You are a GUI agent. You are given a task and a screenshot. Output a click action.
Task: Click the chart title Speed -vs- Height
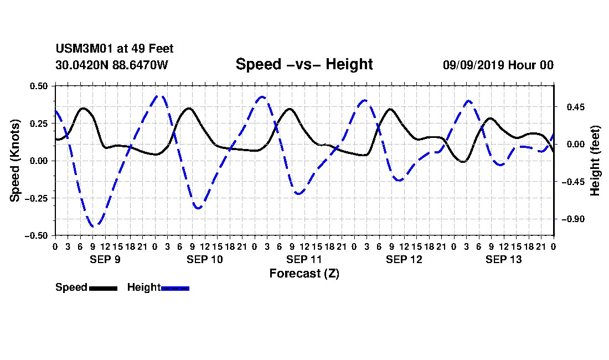tap(304, 64)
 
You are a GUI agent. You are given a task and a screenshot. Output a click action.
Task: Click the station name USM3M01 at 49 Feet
tap(115, 49)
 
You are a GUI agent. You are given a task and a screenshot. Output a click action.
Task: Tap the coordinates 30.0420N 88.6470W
tap(112, 65)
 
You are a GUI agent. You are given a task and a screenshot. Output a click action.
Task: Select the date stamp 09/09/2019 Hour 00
tap(498, 65)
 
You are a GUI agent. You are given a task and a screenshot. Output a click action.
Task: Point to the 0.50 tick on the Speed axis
tap(39, 86)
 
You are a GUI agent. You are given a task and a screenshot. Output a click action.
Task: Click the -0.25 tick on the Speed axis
tap(37, 198)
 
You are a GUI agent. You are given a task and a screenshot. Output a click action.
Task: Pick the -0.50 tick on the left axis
tap(37, 236)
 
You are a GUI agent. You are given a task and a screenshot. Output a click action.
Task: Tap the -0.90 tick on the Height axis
tap(573, 219)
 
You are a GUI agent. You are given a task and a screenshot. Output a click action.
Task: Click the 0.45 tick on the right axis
tap(576, 107)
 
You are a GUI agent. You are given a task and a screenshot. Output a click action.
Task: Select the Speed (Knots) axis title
tap(15, 161)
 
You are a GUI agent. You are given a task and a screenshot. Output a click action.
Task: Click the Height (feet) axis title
tap(595, 161)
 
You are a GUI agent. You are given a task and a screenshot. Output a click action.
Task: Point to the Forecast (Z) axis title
tap(304, 274)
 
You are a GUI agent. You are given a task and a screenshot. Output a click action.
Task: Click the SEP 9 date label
tap(105, 259)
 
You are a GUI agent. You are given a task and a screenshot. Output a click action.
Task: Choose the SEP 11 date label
tap(304, 259)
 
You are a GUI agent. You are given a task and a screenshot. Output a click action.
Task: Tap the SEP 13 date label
tap(504, 259)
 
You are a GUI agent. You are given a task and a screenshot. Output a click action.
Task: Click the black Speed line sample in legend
tap(104, 289)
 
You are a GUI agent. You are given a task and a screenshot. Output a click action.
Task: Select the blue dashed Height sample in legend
tap(175, 289)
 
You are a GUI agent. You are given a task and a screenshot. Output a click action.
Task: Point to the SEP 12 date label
tap(404, 259)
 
